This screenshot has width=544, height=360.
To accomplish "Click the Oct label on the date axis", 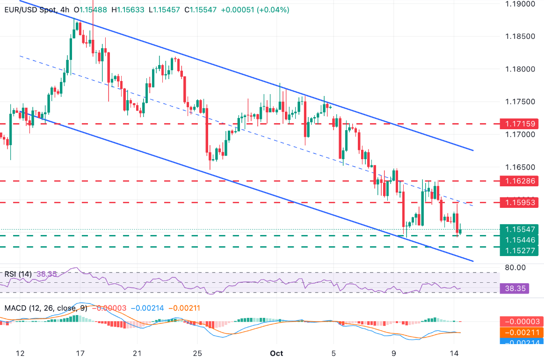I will tap(276, 353).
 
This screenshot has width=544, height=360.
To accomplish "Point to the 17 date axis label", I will tap(80, 353).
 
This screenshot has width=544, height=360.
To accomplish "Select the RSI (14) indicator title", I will tap(18, 274).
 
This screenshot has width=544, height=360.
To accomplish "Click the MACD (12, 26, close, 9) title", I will tap(46, 308).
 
